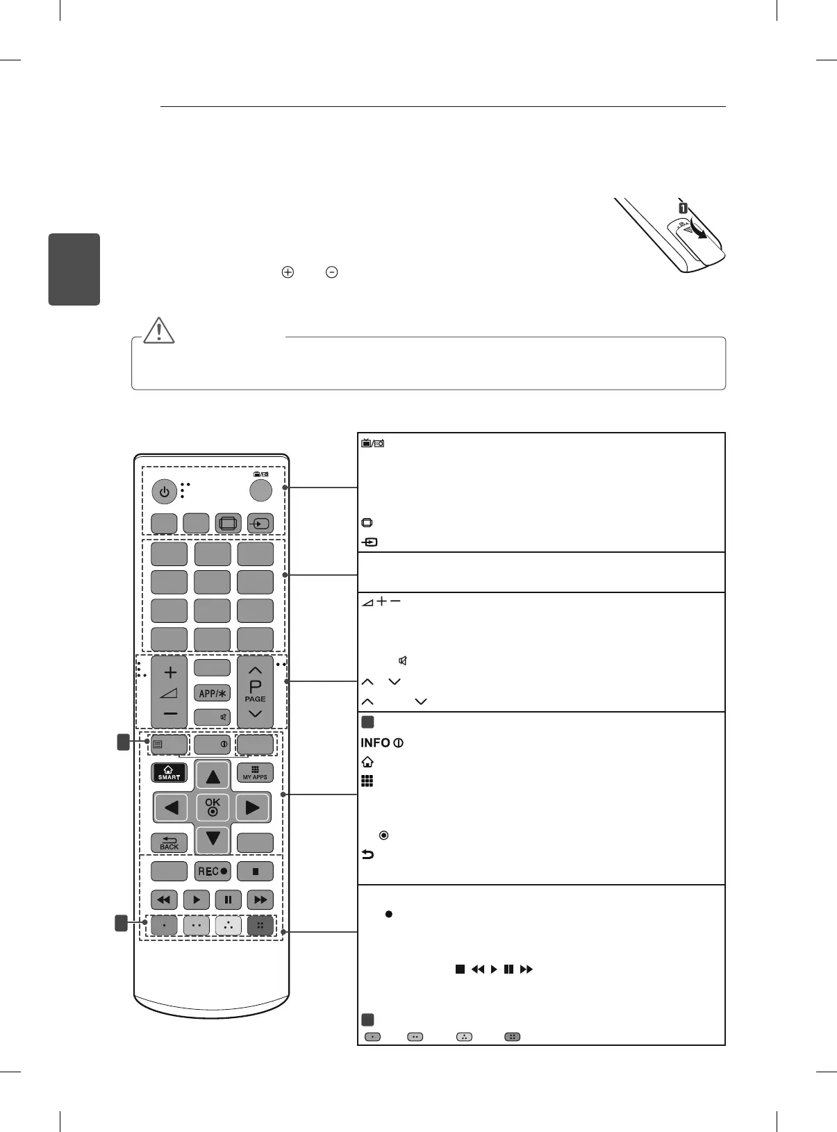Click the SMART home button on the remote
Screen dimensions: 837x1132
[x=169, y=773]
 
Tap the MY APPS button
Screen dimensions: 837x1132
[x=255, y=773]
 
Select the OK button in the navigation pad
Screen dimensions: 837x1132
[x=213, y=806]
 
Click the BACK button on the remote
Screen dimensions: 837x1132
[x=169, y=843]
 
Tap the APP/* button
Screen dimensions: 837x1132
[x=213, y=693]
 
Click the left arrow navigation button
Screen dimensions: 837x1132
[x=172, y=808]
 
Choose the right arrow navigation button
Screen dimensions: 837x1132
[x=253, y=808]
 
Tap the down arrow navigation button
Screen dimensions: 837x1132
[x=213, y=839]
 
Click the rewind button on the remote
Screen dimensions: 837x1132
[x=164, y=900]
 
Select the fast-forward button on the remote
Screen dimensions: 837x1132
[x=260, y=900]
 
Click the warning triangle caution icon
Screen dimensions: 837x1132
[x=159, y=331]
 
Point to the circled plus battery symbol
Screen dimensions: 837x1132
[x=288, y=273]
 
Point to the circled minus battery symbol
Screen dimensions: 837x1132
[x=332, y=273]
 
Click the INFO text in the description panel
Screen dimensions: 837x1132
[x=375, y=743]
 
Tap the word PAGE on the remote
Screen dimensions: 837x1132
[x=255, y=699]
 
